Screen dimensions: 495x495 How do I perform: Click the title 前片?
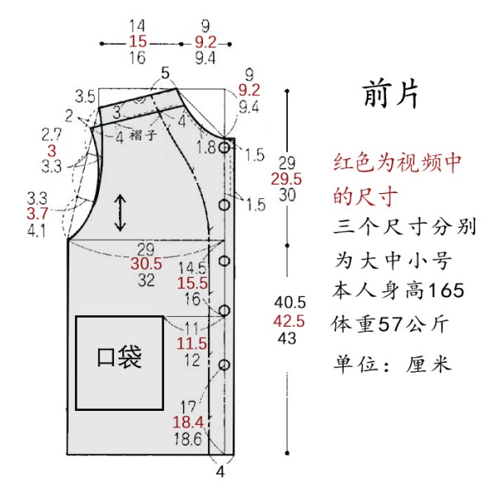click(391, 94)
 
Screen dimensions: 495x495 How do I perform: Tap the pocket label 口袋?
click(120, 357)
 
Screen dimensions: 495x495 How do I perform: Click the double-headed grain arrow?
click(120, 213)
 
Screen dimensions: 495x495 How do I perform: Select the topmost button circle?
click(224, 147)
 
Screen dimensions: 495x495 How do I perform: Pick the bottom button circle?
click(224, 365)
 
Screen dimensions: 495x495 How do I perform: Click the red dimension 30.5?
click(146, 263)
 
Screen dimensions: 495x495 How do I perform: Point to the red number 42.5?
click(289, 322)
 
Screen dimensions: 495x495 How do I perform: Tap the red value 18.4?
click(188, 422)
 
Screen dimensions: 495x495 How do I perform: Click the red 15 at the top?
click(138, 42)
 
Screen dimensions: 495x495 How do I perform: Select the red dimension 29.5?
click(286, 179)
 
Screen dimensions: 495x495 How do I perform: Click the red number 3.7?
click(37, 214)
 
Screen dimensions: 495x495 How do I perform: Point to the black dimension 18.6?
click(187, 439)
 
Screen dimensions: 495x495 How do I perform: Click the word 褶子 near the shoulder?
click(143, 135)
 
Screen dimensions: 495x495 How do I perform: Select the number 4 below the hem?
click(220, 472)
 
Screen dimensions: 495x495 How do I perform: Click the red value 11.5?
click(191, 343)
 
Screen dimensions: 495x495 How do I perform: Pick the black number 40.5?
click(290, 303)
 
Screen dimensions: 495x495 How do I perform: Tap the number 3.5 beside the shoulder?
click(85, 97)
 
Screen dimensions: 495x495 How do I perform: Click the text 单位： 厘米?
click(392, 364)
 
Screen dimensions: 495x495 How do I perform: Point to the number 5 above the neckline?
click(166, 73)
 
